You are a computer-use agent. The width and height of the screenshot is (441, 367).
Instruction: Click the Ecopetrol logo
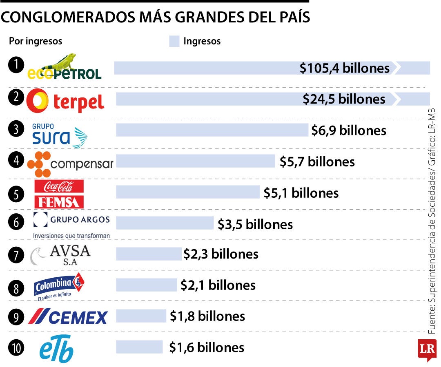tap(64, 67)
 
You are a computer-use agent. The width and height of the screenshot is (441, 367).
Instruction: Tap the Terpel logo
tap(65, 100)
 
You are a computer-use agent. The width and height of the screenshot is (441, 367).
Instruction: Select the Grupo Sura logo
tap(60, 135)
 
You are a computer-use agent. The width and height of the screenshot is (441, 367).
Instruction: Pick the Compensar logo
tap(70, 164)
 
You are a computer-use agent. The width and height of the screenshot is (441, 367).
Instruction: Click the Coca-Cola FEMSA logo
tap(59, 194)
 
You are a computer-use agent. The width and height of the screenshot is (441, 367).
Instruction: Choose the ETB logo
tap(57, 348)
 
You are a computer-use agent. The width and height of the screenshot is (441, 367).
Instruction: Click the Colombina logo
tap(60, 285)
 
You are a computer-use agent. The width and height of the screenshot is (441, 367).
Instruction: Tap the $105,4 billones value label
tap(345, 68)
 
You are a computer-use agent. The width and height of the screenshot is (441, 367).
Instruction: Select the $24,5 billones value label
tap(344, 99)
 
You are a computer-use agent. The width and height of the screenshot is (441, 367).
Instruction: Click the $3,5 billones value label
tap(255, 224)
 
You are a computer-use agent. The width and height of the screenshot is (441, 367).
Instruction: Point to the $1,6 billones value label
tap(207, 347)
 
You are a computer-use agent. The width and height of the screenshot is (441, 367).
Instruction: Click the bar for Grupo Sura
tap(212, 130)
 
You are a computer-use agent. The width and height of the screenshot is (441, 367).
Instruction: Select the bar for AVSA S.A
tap(149, 254)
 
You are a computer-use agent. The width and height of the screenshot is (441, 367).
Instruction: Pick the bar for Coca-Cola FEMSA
tap(188, 192)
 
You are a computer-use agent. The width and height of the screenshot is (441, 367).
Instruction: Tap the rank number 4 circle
tap(16, 160)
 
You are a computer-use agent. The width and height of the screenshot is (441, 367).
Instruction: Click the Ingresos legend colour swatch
tap(174, 41)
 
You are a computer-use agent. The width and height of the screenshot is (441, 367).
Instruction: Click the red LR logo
tap(427, 349)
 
